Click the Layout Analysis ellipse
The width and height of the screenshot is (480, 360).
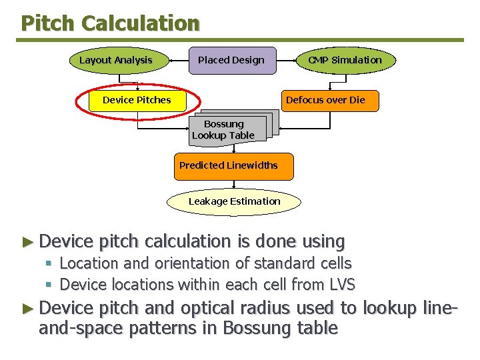click(x=116, y=60)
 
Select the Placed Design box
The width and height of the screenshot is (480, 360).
click(x=231, y=60)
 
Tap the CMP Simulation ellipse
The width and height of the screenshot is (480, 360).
click(x=345, y=60)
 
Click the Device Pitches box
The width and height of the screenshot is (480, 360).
click(x=137, y=100)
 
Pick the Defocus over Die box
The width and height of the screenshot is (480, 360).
click(x=325, y=100)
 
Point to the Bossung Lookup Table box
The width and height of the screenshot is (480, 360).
click(x=224, y=129)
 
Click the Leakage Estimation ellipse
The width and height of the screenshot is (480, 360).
click(x=234, y=201)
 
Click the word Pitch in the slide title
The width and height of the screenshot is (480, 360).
click(x=48, y=23)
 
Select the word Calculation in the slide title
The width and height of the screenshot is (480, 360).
click(x=141, y=23)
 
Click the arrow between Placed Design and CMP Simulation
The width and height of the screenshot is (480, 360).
click(x=287, y=60)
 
